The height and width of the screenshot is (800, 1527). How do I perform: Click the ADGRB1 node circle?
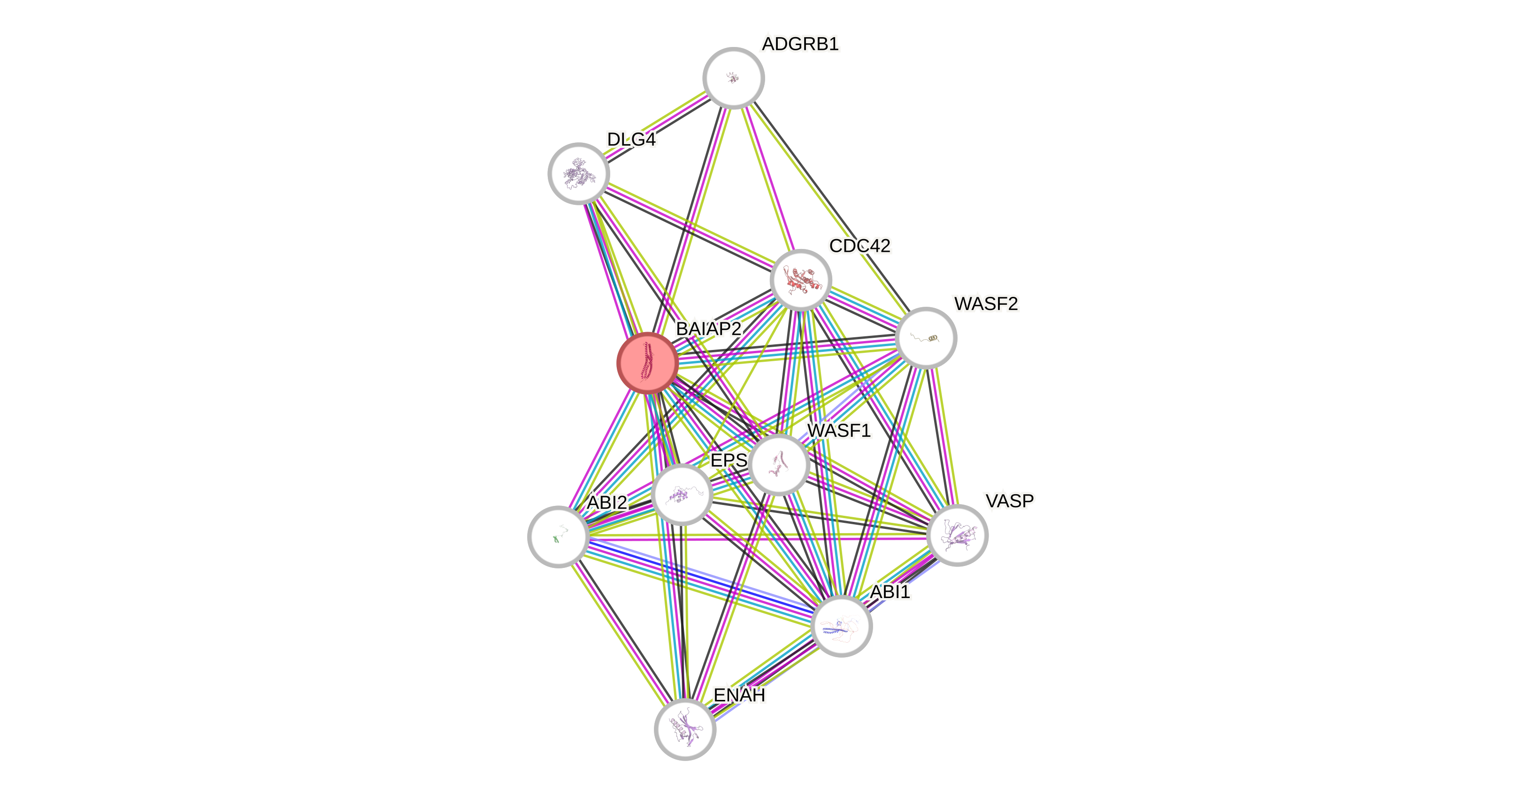click(733, 78)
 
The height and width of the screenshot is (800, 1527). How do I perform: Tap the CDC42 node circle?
click(801, 280)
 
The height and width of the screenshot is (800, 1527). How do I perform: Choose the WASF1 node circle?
click(779, 464)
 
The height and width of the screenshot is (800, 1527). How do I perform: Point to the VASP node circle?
click(957, 535)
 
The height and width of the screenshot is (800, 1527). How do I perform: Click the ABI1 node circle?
click(841, 626)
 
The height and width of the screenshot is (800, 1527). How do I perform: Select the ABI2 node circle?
click(558, 536)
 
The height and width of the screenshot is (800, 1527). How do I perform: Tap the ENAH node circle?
click(685, 729)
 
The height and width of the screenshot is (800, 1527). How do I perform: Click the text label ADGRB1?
click(800, 44)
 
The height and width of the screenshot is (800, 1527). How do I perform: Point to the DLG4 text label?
click(631, 140)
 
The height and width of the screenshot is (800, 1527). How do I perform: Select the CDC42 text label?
click(859, 246)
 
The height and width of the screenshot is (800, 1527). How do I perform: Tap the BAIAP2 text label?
click(708, 328)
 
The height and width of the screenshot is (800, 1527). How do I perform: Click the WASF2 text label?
click(986, 303)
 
